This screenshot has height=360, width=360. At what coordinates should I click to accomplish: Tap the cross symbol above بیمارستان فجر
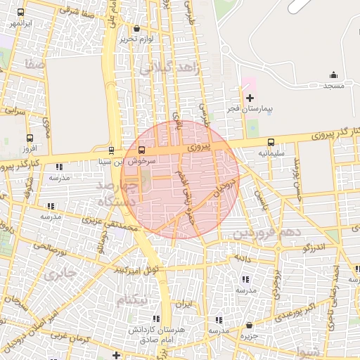250,96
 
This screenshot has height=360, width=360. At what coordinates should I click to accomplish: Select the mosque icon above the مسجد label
333,75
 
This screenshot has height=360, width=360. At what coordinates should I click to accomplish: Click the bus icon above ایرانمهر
20,13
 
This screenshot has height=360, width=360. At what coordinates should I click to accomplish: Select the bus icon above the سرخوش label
142,150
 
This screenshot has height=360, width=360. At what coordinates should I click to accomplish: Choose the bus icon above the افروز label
29,138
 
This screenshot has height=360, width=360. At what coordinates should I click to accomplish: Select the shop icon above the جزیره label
250,325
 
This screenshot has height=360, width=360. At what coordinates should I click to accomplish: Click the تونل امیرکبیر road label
140,269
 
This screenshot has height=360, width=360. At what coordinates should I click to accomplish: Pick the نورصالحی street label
47,247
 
